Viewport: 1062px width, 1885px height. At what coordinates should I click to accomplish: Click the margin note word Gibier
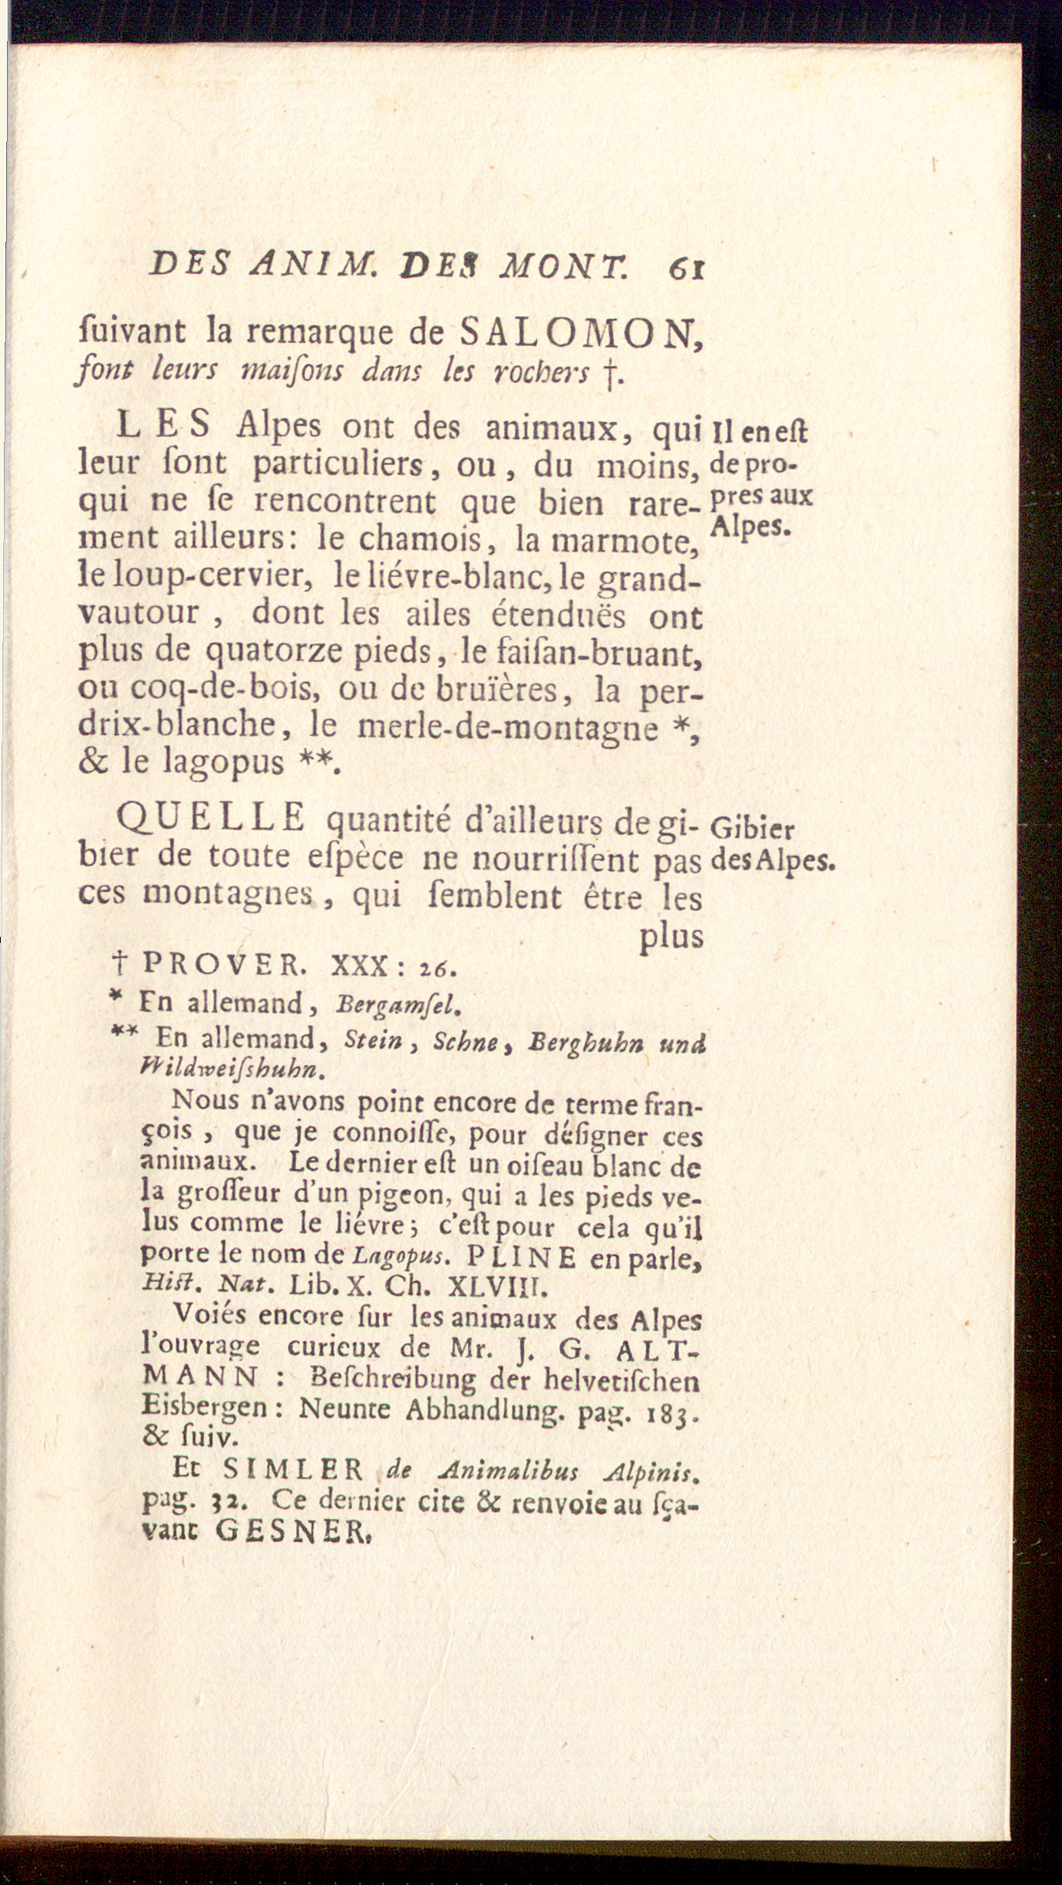(753, 829)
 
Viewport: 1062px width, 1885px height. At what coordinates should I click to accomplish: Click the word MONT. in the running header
(565, 269)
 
